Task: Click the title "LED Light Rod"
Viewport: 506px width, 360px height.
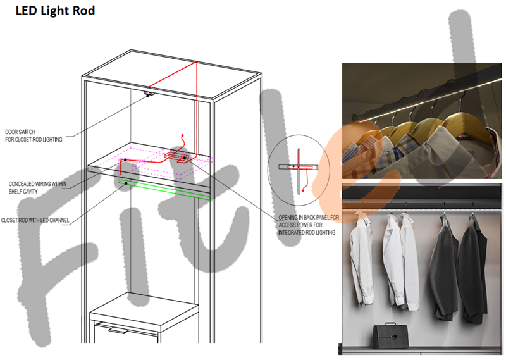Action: (x=55, y=11)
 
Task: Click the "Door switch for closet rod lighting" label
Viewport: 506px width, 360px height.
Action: (x=34, y=136)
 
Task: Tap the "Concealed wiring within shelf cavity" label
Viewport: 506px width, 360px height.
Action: (x=37, y=187)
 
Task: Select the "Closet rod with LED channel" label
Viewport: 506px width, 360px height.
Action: (x=35, y=220)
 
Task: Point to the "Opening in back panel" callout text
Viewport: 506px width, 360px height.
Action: (x=309, y=225)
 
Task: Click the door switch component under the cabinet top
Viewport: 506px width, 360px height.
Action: (x=149, y=94)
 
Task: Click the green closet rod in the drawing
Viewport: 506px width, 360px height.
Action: (x=164, y=189)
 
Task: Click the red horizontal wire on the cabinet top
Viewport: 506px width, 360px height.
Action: (x=173, y=74)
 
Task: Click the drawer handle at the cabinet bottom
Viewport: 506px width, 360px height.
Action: (x=118, y=330)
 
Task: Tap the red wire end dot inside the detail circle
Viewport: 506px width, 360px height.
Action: (x=303, y=191)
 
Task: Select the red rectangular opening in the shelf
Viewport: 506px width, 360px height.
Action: (x=176, y=158)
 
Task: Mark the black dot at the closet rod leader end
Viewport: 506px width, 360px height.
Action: (x=126, y=183)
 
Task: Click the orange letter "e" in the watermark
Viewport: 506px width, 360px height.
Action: (x=358, y=168)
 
